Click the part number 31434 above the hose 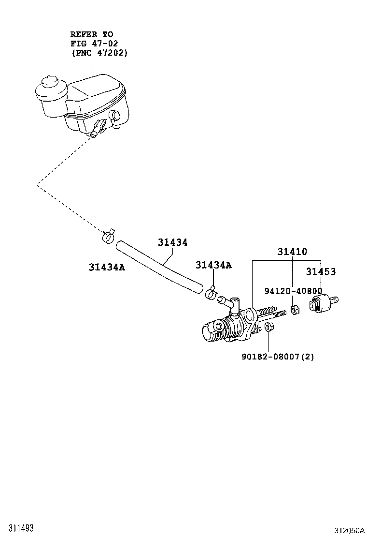[172, 243]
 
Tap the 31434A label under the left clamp [107, 267]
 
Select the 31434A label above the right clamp [213, 265]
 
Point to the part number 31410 [292, 252]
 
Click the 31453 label [320, 272]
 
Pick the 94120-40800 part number [293, 291]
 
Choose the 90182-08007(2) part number [278, 357]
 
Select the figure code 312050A [346, 531]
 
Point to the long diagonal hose [159, 267]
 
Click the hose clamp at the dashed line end [108, 236]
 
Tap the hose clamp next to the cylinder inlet [212, 293]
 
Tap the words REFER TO [92, 34]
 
